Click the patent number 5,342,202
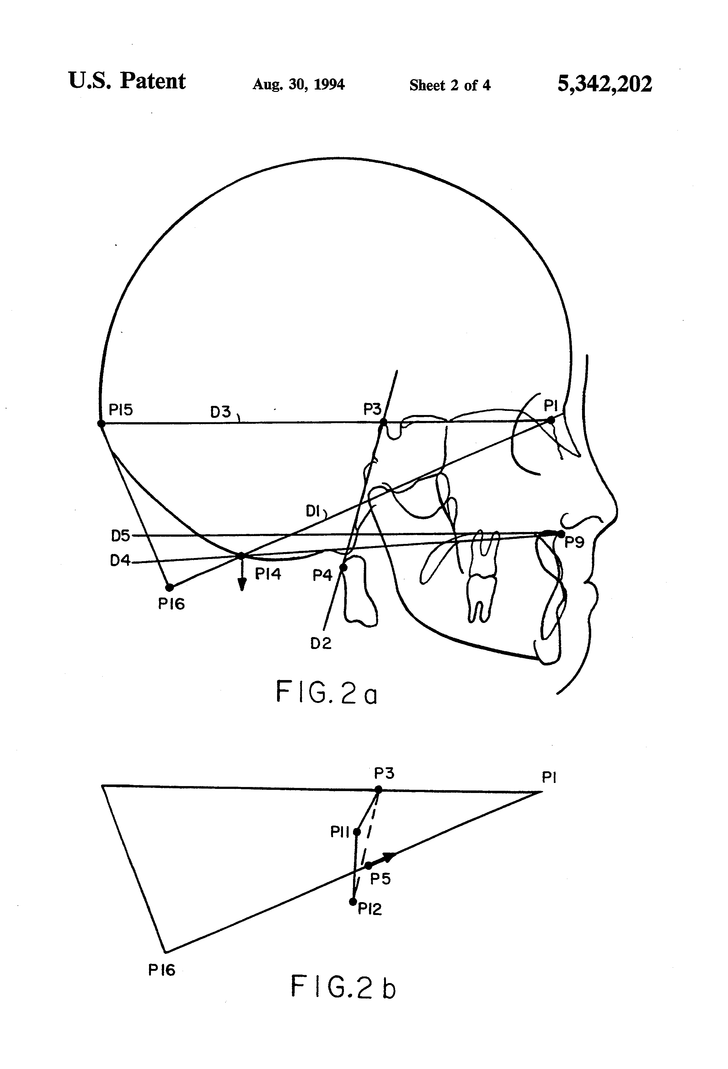click(604, 84)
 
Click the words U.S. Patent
click(127, 82)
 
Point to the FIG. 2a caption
click(326, 692)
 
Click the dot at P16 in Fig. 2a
click(169, 588)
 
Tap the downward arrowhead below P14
click(242, 585)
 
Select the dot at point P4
click(343, 568)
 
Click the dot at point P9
click(561, 534)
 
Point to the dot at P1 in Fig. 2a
click(551, 420)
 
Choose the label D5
click(120, 536)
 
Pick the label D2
click(321, 644)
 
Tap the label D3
click(220, 412)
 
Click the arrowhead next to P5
click(389, 857)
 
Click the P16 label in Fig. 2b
click(162, 970)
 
